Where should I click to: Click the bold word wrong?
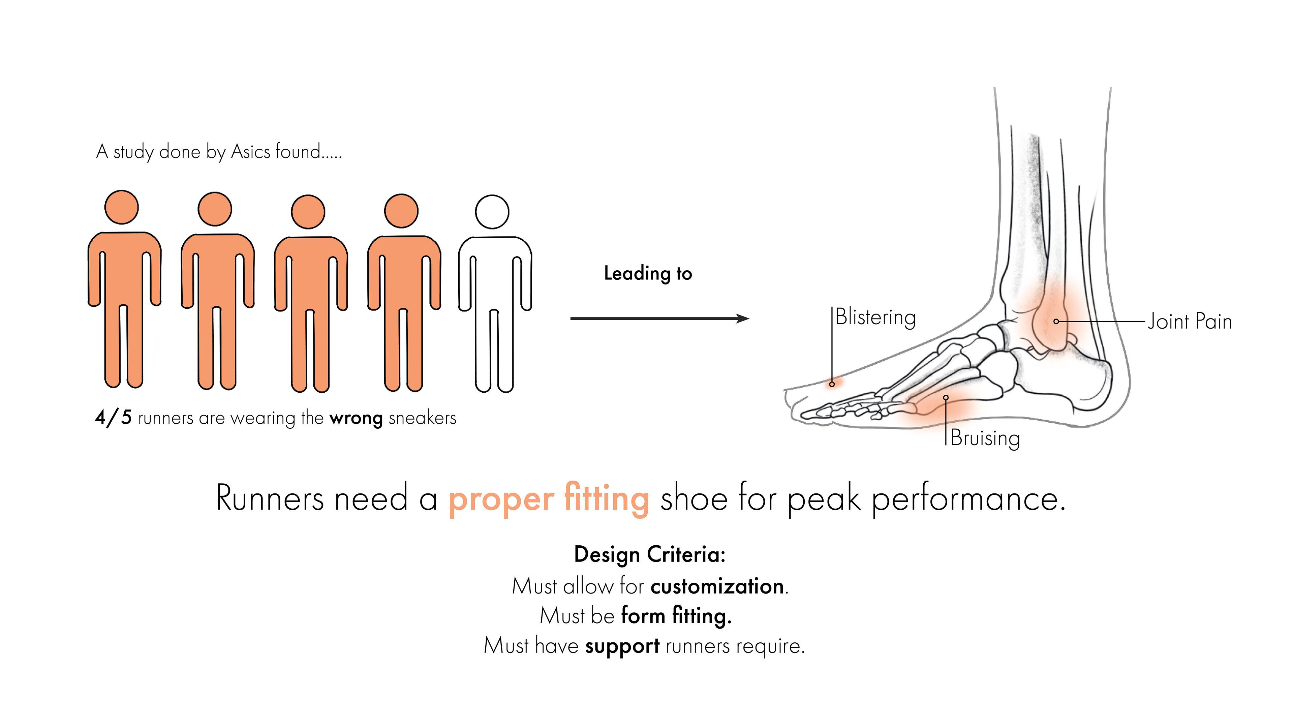point(356,418)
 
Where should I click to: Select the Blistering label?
point(875,317)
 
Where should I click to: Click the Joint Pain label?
point(1190,322)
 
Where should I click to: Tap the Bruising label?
point(985,438)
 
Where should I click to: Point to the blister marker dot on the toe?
point(832,384)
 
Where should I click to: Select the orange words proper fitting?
point(549,499)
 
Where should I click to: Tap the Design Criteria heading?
point(649,555)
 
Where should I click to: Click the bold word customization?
point(717,586)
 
